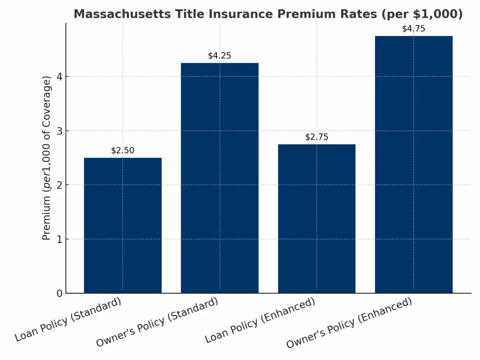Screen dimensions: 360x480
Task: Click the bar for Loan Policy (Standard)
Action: point(123,225)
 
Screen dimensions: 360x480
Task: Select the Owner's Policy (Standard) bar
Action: point(219,178)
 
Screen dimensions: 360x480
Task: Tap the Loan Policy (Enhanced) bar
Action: point(316,218)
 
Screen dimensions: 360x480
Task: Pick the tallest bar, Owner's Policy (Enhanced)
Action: point(413,164)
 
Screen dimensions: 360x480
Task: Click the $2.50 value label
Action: point(123,150)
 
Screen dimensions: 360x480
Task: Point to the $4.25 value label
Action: point(219,56)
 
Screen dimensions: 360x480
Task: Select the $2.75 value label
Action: point(316,137)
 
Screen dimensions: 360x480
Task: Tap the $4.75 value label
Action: point(413,29)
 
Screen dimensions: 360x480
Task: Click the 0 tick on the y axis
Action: point(60,293)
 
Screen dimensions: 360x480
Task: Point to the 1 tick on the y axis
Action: point(60,239)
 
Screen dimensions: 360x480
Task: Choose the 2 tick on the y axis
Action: point(60,185)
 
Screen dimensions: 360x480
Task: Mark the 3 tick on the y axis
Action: point(60,131)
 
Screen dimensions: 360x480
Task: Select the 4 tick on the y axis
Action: point(60,77)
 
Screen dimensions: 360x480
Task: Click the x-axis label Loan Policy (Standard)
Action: point(68,319)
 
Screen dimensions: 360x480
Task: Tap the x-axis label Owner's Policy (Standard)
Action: point(157,322)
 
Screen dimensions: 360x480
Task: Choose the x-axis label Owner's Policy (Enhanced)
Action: point(349,322)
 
